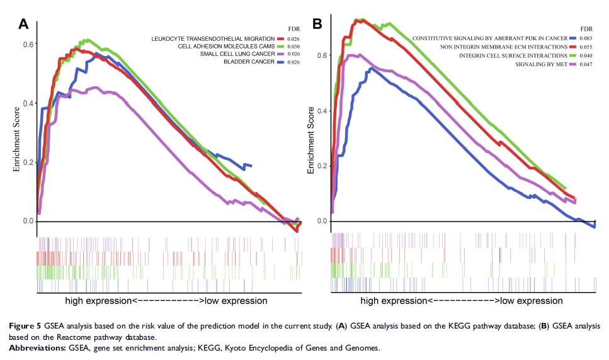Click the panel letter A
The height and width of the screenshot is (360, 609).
click(24, 25)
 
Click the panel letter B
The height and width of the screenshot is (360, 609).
click(318, 25)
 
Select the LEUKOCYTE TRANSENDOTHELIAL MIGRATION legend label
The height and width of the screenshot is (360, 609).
click(213, 39)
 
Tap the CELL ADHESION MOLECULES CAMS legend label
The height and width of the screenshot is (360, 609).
click(227, 47)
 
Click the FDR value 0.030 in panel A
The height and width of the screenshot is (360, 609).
click(292, 47)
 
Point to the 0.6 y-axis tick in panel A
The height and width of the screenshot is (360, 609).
click(27, 44)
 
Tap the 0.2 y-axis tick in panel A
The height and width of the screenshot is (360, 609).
click(27, 162)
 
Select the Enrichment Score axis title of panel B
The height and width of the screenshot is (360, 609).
click(310, 140)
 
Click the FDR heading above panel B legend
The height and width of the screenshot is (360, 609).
click(586, 29)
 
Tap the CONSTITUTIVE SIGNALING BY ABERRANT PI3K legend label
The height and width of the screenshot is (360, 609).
click(489, 39)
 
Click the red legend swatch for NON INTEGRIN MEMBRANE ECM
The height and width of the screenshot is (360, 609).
click(572, 47)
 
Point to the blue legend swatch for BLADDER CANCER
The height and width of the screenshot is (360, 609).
click(280, 62)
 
